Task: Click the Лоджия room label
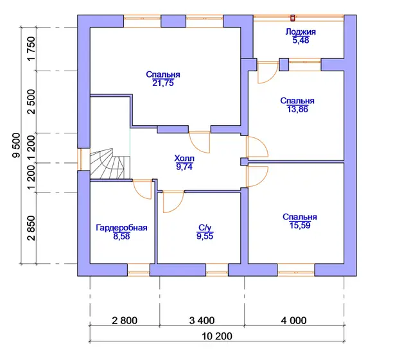301,32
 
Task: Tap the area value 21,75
162,83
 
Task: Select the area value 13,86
297,109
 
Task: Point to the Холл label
184,159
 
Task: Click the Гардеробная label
121,228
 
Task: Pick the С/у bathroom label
205,227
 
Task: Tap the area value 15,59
300,225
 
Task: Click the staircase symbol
110,164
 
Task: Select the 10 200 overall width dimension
217,336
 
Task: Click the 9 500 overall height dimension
16,146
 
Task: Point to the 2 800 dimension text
125,320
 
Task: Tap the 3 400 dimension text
202,320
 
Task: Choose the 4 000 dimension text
293,320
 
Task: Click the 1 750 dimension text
31,49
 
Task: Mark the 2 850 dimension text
31,228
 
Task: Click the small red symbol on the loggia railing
293,18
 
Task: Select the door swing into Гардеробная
143,189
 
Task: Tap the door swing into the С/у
173,201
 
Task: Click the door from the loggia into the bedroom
268,73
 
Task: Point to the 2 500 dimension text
31,102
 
